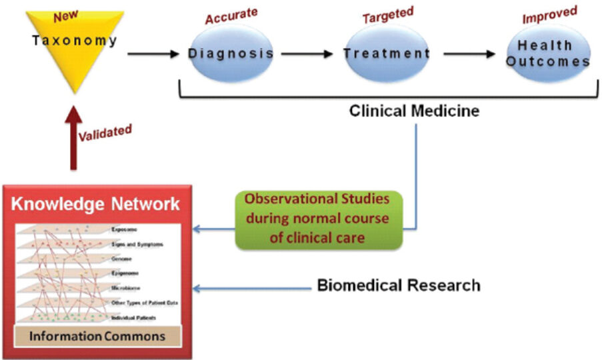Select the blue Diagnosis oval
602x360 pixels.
pos(231,53)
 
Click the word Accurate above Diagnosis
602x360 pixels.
pos(232,17)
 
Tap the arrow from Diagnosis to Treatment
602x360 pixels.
pos(307,53)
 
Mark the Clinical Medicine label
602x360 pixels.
pos(414,111)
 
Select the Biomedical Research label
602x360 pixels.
pos(399,286)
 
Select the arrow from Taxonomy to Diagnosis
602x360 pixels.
pos(153,53)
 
